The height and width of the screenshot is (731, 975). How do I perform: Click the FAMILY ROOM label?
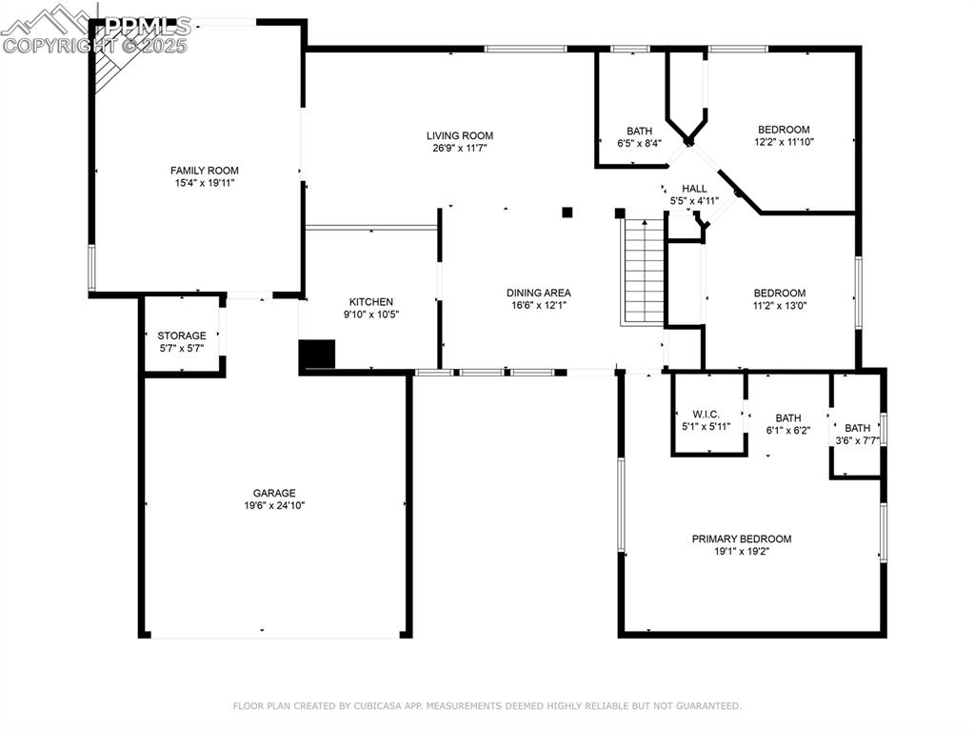(205, 171)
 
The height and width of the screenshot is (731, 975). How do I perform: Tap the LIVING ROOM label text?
(460, 135)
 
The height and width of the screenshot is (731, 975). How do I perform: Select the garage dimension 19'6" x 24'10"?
(274, 505)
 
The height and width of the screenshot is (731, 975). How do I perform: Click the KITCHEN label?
(370, 301)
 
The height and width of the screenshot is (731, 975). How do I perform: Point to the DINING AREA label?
(538, 293)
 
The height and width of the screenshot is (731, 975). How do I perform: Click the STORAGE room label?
(182, 335)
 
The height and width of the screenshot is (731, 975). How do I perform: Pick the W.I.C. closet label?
(706, 414)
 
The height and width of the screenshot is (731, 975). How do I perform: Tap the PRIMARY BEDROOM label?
(741, 538)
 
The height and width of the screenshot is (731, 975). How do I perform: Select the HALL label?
(694, 189)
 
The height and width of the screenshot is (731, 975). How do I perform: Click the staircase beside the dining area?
(644, 272)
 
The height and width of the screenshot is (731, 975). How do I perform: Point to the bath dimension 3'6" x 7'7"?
(857, 440)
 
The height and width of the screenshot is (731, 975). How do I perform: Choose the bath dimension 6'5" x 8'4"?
(639, 143)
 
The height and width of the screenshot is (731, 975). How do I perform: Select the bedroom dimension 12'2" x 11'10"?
(784, 142)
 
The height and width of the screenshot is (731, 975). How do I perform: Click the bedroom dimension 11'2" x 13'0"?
(780, 305)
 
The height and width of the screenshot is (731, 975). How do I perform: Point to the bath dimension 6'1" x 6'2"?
(787, 430)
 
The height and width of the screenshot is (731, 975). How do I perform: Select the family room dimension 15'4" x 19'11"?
(205, 182)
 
